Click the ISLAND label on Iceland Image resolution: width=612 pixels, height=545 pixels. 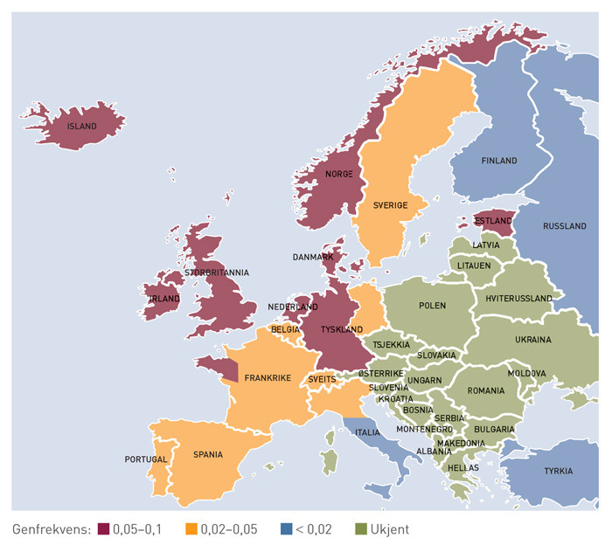(81, 127)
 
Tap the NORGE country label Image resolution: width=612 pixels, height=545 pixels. (338, 175)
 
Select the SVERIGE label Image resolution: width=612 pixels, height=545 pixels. (390, 205)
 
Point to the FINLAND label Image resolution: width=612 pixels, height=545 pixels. (498, 161)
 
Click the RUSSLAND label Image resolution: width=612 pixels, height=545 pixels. (565, 226)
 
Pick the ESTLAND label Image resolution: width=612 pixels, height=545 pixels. (494, 222)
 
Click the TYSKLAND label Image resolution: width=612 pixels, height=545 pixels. (341, 330)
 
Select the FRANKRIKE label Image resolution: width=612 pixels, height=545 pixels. (268, 378)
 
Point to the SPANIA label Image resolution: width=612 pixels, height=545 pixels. (208, 454)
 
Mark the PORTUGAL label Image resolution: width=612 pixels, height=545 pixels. (145, 459)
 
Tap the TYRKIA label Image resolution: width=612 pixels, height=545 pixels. (557, 471)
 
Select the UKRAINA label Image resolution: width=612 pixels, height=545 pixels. (532, 339)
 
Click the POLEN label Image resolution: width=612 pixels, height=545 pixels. (432, 306)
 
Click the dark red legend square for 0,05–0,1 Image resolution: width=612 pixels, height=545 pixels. (102, 529)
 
